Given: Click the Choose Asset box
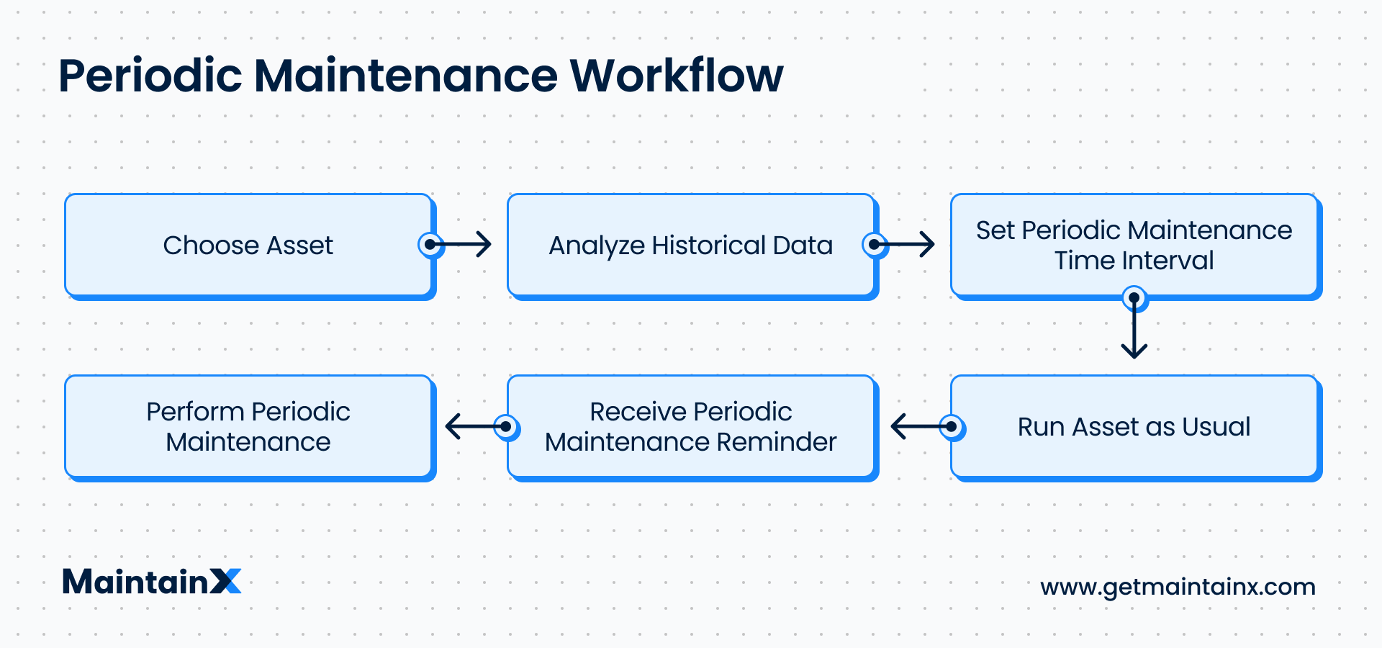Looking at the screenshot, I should [x=248, y=245].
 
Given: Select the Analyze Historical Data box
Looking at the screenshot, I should [x=690, y=245].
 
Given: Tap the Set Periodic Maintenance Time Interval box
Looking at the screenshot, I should [x=1134, y=245].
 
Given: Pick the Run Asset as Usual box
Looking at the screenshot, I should [x=1134, y=426].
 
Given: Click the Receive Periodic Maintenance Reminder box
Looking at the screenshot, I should [x=690, y=426].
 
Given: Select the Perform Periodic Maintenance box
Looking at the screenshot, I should [x=248, y=426].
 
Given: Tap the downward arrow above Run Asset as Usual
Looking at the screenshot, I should [x=1134, y=331].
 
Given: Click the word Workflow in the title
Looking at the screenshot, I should [x=676, y=76].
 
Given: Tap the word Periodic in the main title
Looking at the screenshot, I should [x=150, y=76].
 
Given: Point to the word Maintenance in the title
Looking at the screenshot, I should [x=405, y=76].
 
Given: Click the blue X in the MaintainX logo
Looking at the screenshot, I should [x=226, y=581].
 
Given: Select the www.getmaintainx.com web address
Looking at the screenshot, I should [x=1178, y=586].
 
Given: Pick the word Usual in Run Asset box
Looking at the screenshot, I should [x=1216, y=426].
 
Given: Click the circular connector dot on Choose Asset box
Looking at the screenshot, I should [x=430, y=245].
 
